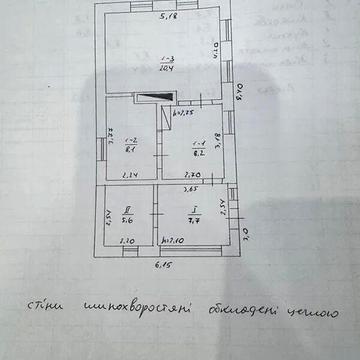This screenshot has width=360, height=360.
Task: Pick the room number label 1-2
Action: click(x=131, y=143)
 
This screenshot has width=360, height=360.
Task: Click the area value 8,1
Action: click(x=131, y=153)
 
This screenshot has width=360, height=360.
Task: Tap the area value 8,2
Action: click(x=198, y=155)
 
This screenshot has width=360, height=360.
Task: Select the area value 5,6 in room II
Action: click(x=126, y=222)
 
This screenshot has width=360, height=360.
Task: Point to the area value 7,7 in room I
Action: click(x=196, y=222)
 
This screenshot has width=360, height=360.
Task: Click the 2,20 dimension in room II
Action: click(x=127, y=241)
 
